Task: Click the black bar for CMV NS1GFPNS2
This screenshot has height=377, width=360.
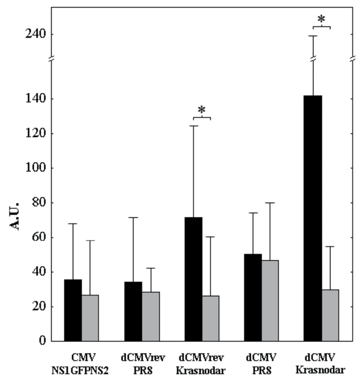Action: click(x=73, y=310)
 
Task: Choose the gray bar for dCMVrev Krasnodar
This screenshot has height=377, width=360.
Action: click(x=211, y=318)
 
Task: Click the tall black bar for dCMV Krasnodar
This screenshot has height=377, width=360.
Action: click(x=313, y=218)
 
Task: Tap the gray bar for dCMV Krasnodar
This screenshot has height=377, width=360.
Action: click(x=330, y=315)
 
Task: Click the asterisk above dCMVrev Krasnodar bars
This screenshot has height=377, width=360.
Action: click(x=201, y=110)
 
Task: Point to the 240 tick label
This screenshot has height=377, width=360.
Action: click(x=35, y=34)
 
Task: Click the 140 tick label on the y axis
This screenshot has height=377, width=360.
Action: click(x=35, y=99)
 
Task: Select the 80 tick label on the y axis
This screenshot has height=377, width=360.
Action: click(x=38, y=203)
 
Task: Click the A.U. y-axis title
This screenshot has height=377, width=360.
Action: click(x=15, y=216)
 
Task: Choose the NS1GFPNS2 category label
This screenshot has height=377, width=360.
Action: click(x=80, y=371)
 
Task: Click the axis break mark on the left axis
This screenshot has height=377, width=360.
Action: click(x=51, y=60)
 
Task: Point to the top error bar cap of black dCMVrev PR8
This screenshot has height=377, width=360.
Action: click(x=133, y=218)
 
